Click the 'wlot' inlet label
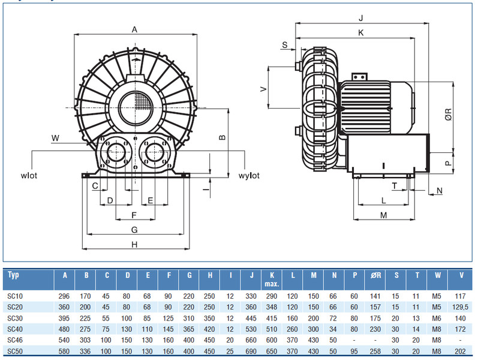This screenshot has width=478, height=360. [x=28, y=176]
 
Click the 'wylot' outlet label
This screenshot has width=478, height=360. [x=248, y=176]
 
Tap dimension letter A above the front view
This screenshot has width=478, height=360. [x=134, y=29]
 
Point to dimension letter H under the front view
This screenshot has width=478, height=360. [x=134, y=244]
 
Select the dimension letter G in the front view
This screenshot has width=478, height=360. [x=134, y=229]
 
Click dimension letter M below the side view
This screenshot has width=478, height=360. [x=384, y=214]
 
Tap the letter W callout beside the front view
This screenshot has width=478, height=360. [x=55, y=138]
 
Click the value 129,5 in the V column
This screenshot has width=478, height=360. [x=460, y=307]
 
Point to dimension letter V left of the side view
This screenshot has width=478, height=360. [x=263, y=88]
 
